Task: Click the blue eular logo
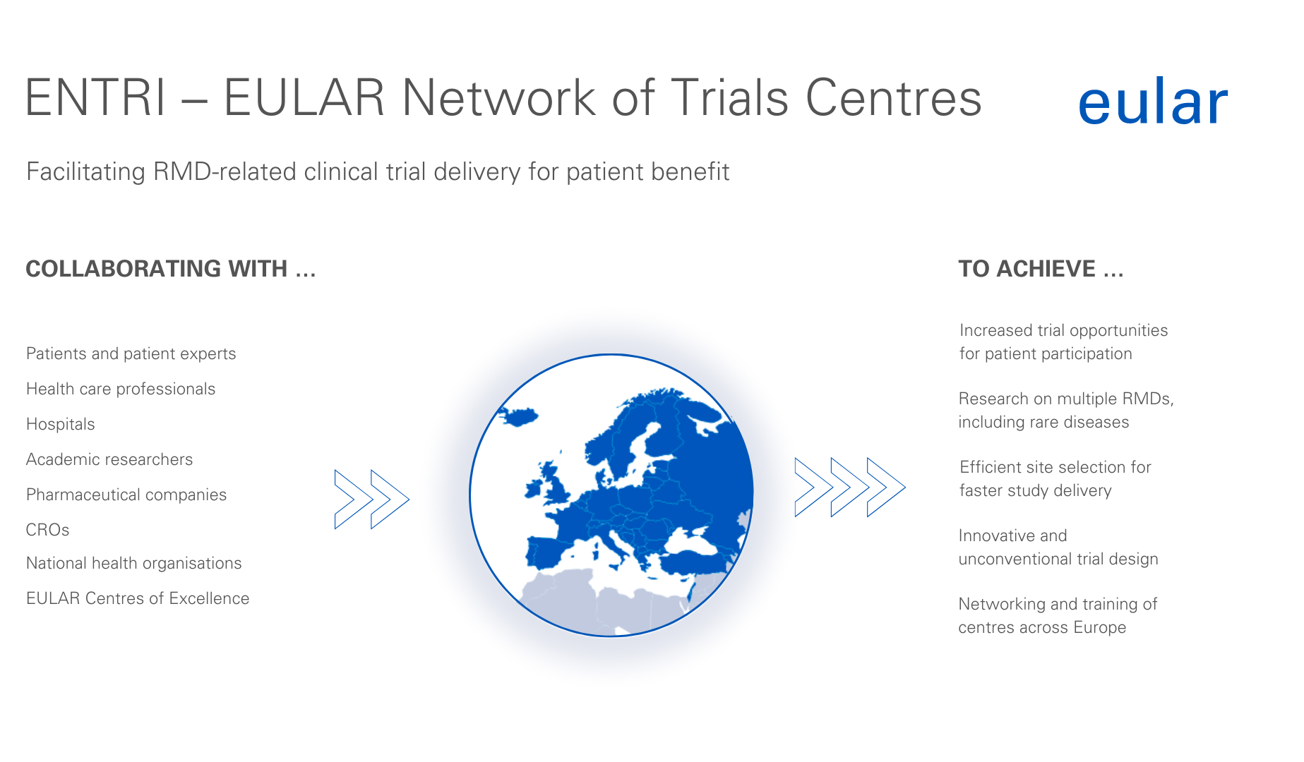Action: coord(1153,103)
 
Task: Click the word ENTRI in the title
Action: coord(96,97)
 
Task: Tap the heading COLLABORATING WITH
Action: coord(170,269)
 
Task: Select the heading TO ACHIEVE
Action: coord(1041,269)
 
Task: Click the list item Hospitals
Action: coord(61,424)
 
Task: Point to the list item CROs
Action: coord(47,530)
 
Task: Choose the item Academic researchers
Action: coord(109,459)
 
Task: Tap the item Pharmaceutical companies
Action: coord(126,495)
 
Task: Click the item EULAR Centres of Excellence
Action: coord(138,598)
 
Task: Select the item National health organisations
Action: coord(134,563)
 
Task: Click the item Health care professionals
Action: coord(121,389)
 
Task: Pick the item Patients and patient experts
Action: coord(131,353)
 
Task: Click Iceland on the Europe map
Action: coord(518,416)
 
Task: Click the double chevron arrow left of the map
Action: coord(371,499)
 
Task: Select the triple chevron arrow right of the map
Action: coord(850,487)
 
